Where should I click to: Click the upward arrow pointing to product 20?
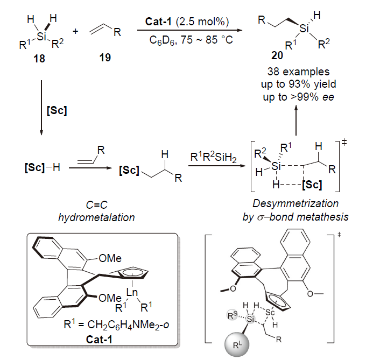pyautogui.click(x=295, y=122)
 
